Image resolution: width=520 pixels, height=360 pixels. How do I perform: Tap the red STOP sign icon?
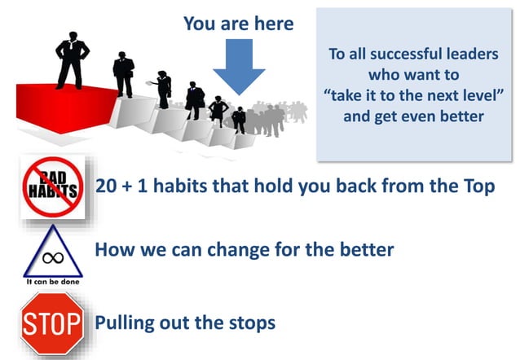51,323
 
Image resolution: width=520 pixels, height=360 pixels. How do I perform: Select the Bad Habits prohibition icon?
51,187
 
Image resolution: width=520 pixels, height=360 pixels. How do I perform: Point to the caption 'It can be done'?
52,282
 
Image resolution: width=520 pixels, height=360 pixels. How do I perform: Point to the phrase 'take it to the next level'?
413,96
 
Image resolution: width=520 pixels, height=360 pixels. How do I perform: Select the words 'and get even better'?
413,116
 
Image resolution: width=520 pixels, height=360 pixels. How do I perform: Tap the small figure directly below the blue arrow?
239,119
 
